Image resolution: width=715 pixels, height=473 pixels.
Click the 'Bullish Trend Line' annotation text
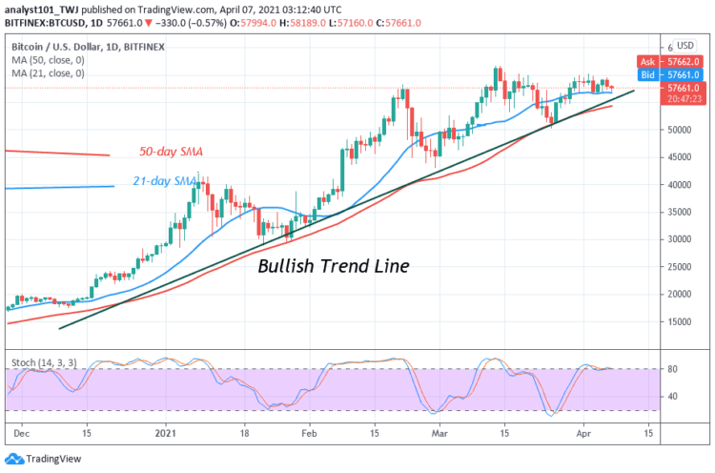334,266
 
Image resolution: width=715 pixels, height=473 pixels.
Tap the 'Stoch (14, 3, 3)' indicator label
44,362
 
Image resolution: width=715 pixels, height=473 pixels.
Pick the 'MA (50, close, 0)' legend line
48,58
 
